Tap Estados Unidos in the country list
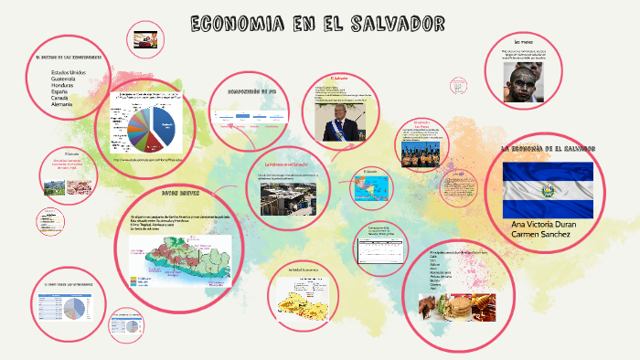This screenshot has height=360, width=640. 69,72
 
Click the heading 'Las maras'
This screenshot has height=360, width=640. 524,43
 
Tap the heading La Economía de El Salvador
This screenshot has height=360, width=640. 549,148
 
